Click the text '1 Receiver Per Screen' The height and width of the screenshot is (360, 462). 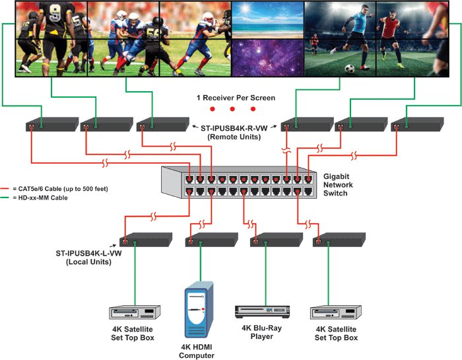pos(236,98)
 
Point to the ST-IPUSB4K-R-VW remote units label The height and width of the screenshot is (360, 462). pos(235,132)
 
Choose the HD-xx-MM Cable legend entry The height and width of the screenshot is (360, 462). pos(42,198)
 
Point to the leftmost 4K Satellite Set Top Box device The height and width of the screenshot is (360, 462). pos(135,312)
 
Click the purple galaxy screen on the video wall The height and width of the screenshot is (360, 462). pos(267,57)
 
